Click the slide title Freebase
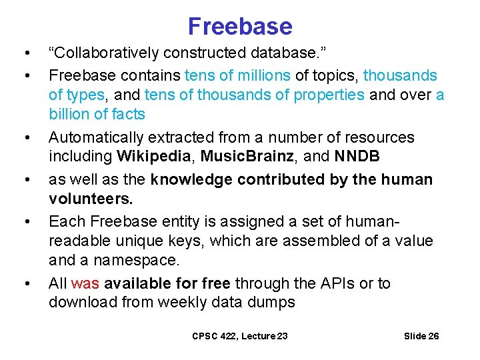[x=240, y=26]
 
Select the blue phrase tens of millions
[x=235, y=75]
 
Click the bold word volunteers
[x=91, y=199]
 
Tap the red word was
[x=85, y=283]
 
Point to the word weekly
[x=203, y=302]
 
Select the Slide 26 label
[x=421, y=336]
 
